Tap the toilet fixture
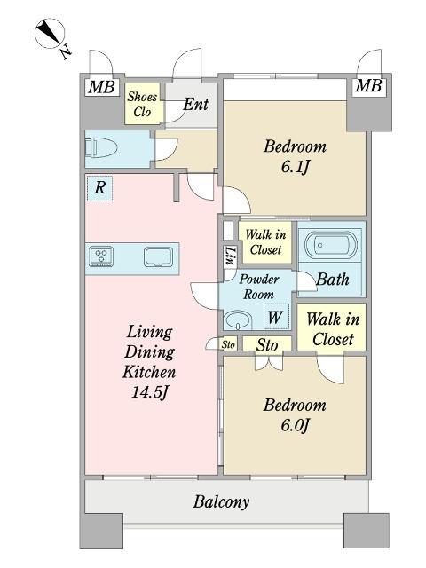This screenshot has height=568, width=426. pos(101,148)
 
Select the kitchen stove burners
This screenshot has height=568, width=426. pos(101,256)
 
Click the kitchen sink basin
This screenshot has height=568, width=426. pos(158,256)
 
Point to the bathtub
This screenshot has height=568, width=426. pos(331,245)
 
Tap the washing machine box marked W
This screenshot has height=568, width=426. pos(276,316)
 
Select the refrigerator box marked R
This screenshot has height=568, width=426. pos(100,188)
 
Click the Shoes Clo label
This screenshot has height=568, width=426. pos(142,104)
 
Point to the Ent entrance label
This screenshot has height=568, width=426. pos(195,105)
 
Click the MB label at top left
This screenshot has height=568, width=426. pos(102,87)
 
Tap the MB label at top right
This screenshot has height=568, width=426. pos(368,86)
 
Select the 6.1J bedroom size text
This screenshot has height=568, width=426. pos(296,167)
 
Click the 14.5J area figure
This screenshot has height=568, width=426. pos(150,392)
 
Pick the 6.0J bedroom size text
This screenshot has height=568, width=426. pos(295,425)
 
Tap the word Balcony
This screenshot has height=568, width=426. pos(221,502)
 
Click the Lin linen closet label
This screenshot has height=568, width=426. pos(230,256)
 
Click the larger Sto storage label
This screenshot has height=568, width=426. pos(267,345)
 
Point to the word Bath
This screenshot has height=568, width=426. pos(333,280)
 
